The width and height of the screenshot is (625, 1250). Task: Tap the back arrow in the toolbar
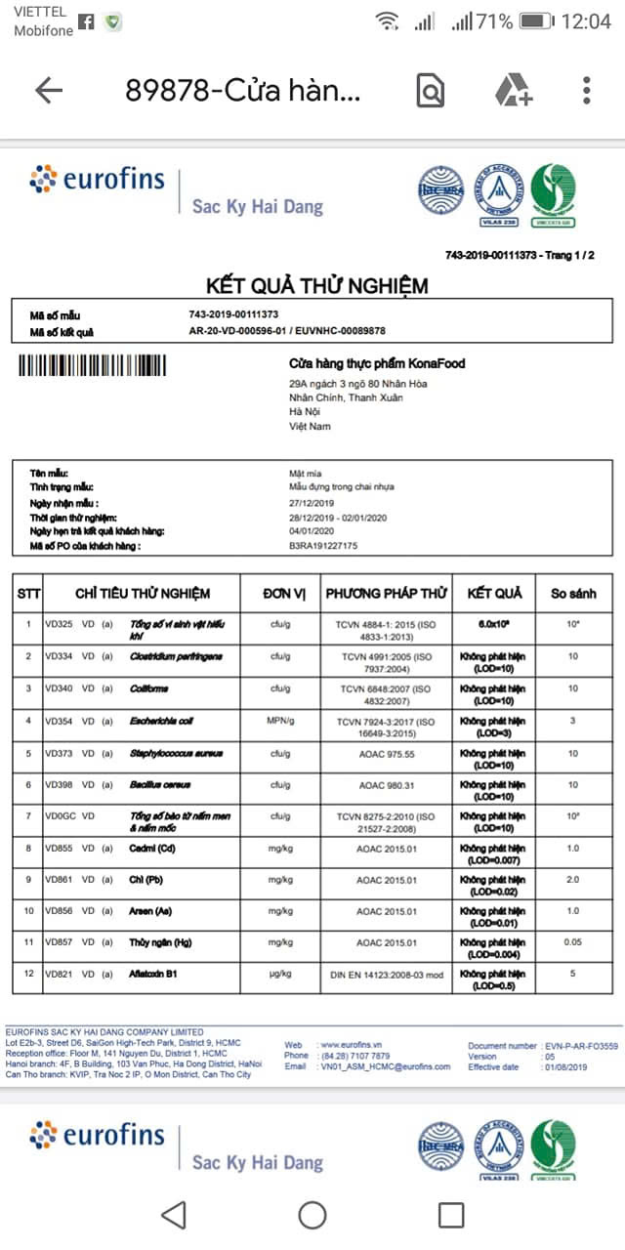[x=48, y=91]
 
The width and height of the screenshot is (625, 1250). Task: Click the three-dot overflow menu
[x=586, y=91]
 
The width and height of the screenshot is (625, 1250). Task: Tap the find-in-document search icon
[x=430, y=91]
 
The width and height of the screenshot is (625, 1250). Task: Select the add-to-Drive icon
[x=513, y=91]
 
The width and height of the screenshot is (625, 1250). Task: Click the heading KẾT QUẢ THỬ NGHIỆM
[x=316, y=286]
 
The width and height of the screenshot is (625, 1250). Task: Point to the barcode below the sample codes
[x=92, y=365]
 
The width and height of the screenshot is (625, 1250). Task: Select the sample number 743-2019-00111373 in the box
[x=234, y=314]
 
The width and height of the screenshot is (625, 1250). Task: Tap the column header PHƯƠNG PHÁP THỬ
[x=386, y=593]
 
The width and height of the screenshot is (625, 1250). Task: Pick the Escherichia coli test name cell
[x=160, y=721]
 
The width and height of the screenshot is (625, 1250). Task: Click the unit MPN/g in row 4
[x=284, y=721]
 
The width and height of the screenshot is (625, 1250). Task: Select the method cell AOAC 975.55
[x=386, y=753]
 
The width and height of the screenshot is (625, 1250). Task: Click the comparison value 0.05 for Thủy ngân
[x=572, y=942]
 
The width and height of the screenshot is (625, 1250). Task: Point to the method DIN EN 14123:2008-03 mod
[x=386, y=975]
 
